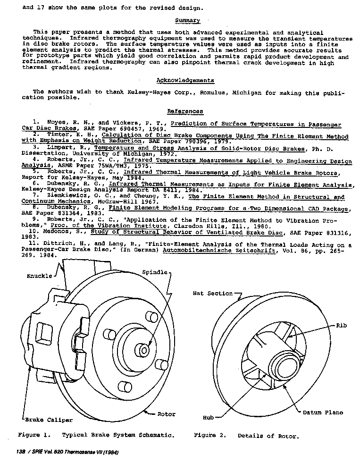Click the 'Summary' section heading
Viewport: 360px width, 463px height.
point(187,21)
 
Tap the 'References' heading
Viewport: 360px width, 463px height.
point(185,111)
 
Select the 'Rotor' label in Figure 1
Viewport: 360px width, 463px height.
point(166,414)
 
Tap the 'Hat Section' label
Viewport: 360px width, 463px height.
point(213,294)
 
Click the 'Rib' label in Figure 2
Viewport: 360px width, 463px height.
point(342,326)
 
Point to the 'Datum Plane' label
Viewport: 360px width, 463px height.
point(323,412)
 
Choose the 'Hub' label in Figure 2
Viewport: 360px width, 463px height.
point(209,418)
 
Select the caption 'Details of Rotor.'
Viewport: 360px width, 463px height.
point(268,436)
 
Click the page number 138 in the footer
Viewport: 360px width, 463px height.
point(20,453)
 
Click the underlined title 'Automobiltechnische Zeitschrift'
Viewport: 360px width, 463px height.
point(218,251)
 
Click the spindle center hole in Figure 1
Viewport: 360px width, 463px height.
point(144,351)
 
